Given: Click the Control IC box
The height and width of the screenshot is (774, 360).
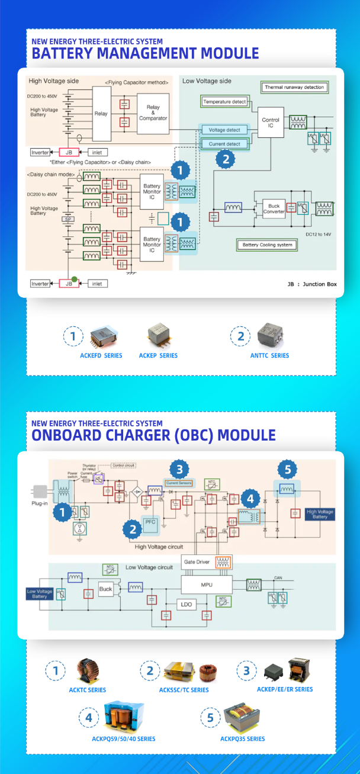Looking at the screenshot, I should (x=271, y=122).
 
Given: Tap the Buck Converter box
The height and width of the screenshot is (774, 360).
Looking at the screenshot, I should (x=274, y=209).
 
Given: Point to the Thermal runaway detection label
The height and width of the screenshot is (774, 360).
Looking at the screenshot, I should (x=294, y=87).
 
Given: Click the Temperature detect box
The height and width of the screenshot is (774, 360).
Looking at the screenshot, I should (x=224, y=102).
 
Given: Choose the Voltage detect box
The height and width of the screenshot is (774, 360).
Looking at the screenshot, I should (x=225, y=130).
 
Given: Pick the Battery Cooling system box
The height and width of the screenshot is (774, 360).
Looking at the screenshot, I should (x=267, y=245).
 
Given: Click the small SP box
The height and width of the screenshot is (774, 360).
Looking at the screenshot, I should (x=67, y=219).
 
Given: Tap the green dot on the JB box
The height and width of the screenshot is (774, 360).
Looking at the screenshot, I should (x=74, y=278).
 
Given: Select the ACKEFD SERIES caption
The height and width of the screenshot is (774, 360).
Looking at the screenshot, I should (x=101, y=355).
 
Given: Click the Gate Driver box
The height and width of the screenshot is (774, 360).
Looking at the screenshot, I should (x=198, y=561).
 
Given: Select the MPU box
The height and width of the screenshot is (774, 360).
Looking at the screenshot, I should (x=206, y=584).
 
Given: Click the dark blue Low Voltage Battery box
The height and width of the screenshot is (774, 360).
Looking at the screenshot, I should (x=39, y=593).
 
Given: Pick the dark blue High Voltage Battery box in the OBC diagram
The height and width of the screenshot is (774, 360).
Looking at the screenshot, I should (x=319, y=515).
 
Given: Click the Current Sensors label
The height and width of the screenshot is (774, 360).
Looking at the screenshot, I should (x=179, y=484).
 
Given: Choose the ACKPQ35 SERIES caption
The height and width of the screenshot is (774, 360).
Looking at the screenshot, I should (x=242, y=738).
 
